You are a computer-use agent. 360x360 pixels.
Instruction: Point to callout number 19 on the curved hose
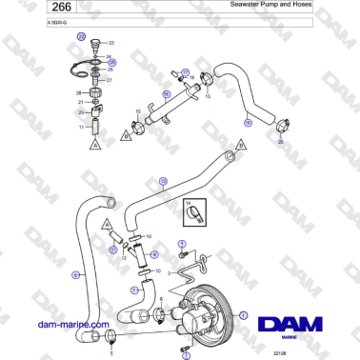pos(247,122)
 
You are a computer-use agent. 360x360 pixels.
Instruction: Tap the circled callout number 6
pos(74,275)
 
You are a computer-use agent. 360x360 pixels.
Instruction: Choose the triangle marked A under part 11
pos(94,147)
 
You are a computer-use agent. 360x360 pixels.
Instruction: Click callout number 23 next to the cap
pos(110,44)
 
